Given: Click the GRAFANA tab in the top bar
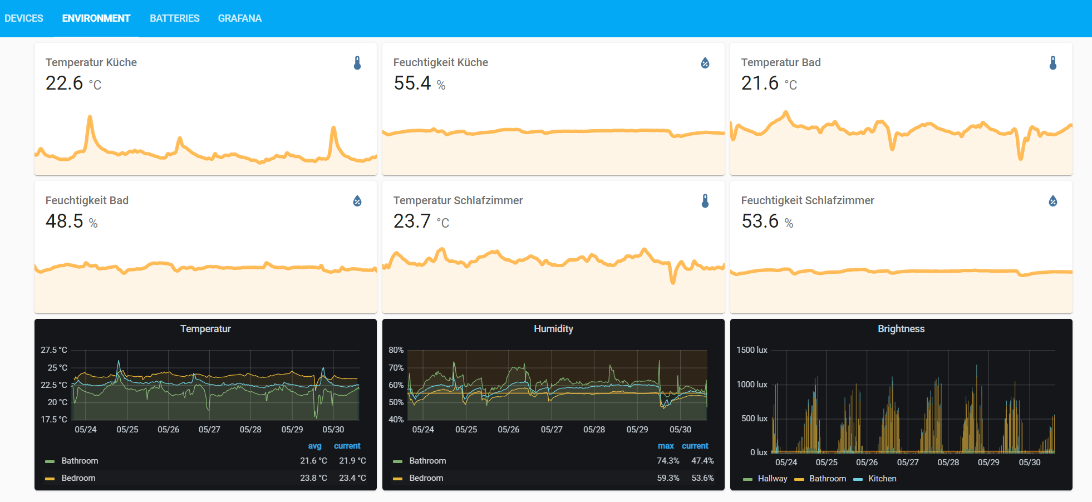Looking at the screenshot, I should [239, 18].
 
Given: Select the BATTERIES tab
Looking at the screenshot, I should [174, 18].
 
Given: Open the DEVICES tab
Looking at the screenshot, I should [24, 18].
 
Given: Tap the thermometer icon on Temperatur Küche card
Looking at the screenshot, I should [357, 63].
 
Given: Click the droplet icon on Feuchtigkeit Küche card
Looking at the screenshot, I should [705, 63].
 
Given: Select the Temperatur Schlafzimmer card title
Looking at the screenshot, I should [458, 200].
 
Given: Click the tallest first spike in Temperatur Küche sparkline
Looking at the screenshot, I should [90, 117].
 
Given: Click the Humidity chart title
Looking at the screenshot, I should [553, 329].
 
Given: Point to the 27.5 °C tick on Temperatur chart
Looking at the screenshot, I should [53, 350].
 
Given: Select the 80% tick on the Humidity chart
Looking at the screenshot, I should [396, 350].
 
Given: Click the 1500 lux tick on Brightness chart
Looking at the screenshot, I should [751, 350].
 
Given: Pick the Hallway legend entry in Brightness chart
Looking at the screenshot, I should [772, 479].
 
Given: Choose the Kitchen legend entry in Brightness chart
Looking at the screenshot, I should [882, 479].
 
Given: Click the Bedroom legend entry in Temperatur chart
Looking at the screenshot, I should [78, 478].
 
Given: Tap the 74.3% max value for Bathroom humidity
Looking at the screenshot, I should [668, 461].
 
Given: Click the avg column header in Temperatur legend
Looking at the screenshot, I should [314, 446].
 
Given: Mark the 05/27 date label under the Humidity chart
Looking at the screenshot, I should [551, 430].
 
